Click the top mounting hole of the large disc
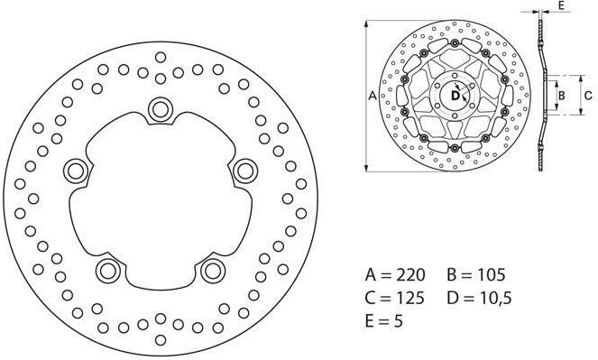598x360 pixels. (161, 110)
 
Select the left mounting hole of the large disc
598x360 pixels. (76, 171)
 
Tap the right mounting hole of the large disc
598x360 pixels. (245, 171)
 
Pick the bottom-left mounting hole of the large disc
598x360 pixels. (108, 271)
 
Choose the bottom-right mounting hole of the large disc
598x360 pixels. (213, 271)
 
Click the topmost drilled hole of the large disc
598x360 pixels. (161, 57)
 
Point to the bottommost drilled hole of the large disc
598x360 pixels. (161, 340)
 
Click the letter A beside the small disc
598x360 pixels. (373, 96)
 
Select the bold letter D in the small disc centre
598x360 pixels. (455, 96)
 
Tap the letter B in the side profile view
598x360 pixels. (561, 96)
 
